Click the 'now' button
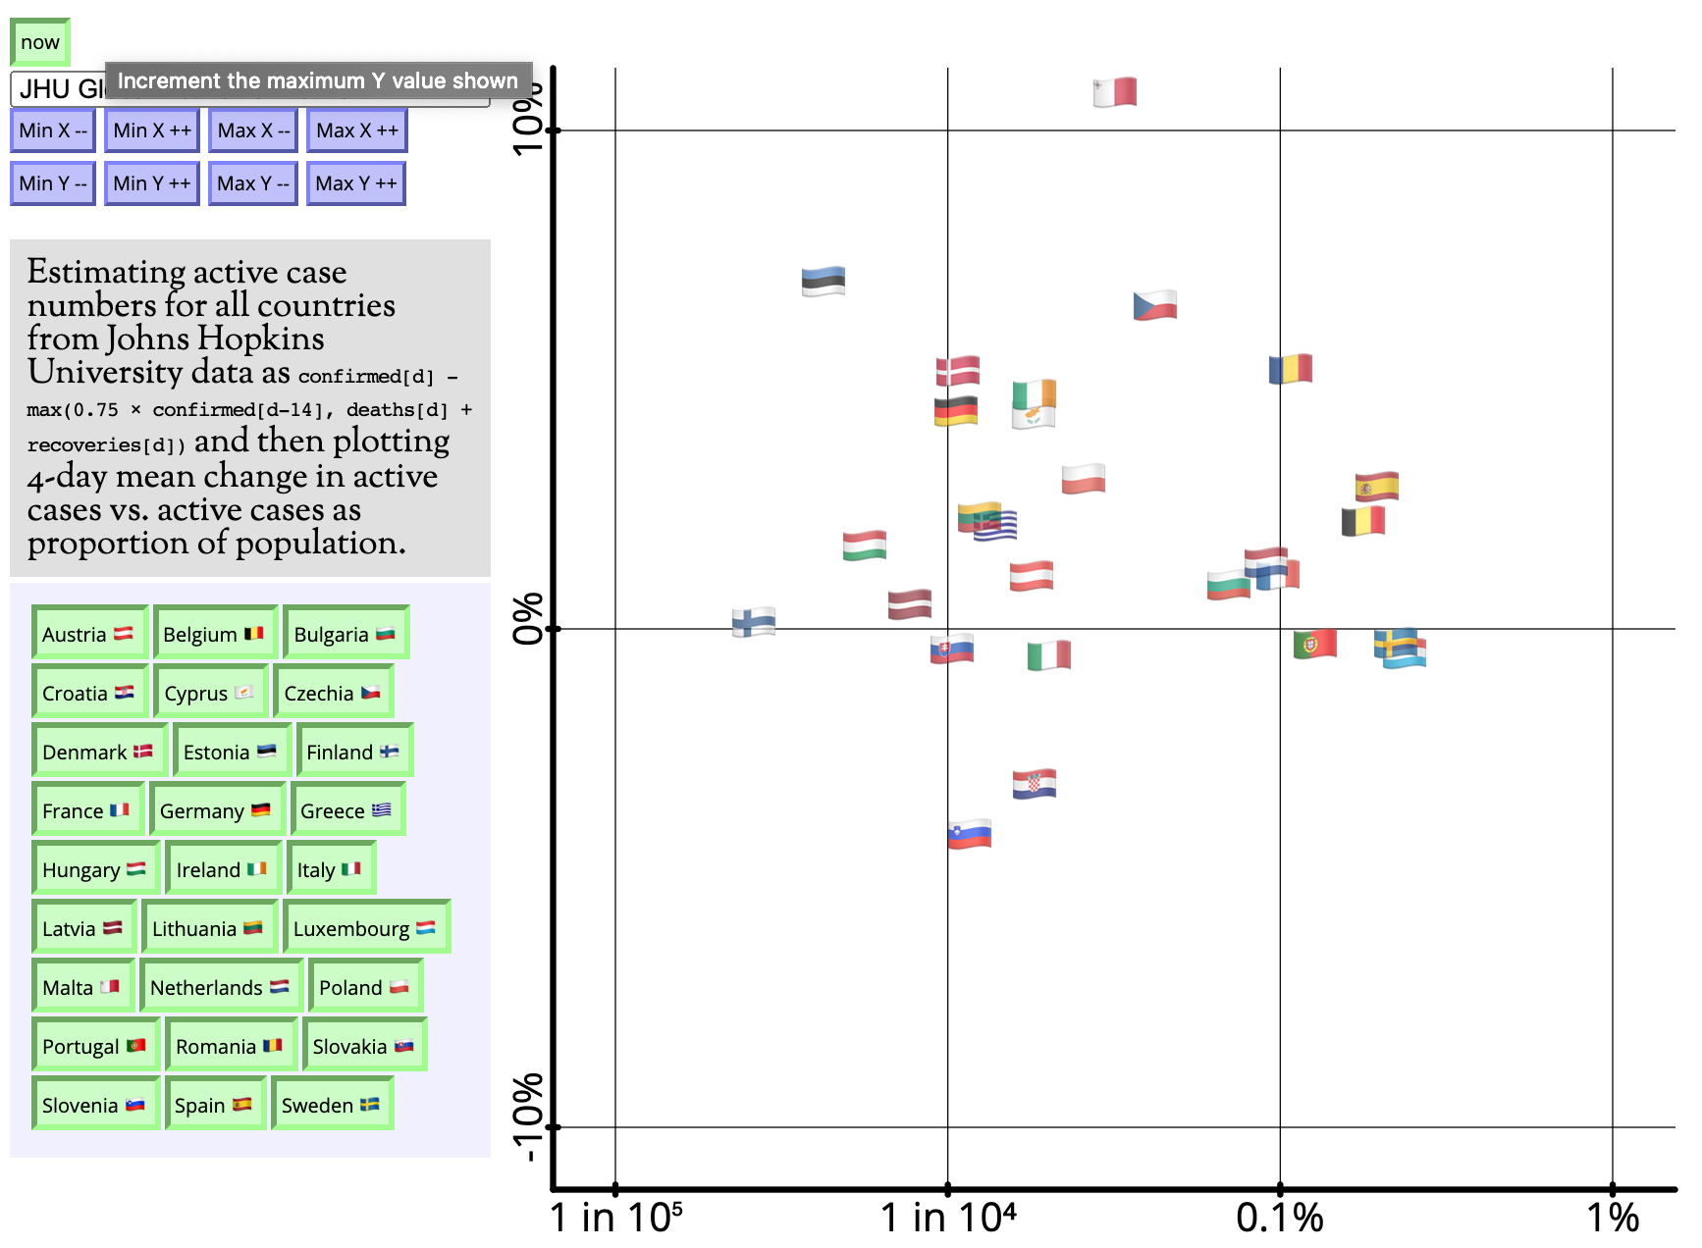[x=40, y=42]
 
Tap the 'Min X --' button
[x=53, y=130]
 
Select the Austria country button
[x=88, y=634]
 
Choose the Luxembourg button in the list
[x=365, y=928]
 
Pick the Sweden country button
[x=331, y=1105]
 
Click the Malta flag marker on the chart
[x=1115, y=92]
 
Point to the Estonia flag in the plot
[x=823, y=282]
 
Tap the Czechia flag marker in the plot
[x=1154, y=305]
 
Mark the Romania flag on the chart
[x=1290, y=369]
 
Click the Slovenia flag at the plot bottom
[x=969, y=834]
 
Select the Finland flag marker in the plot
[x=754, y=622]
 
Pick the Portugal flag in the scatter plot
[x=1314, y=644]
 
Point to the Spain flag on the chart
[x=1376, y=486]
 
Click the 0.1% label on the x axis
[x=1279, y=1219]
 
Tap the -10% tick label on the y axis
[x=528, y=1118]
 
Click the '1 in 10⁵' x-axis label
[x=615, y=1219]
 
